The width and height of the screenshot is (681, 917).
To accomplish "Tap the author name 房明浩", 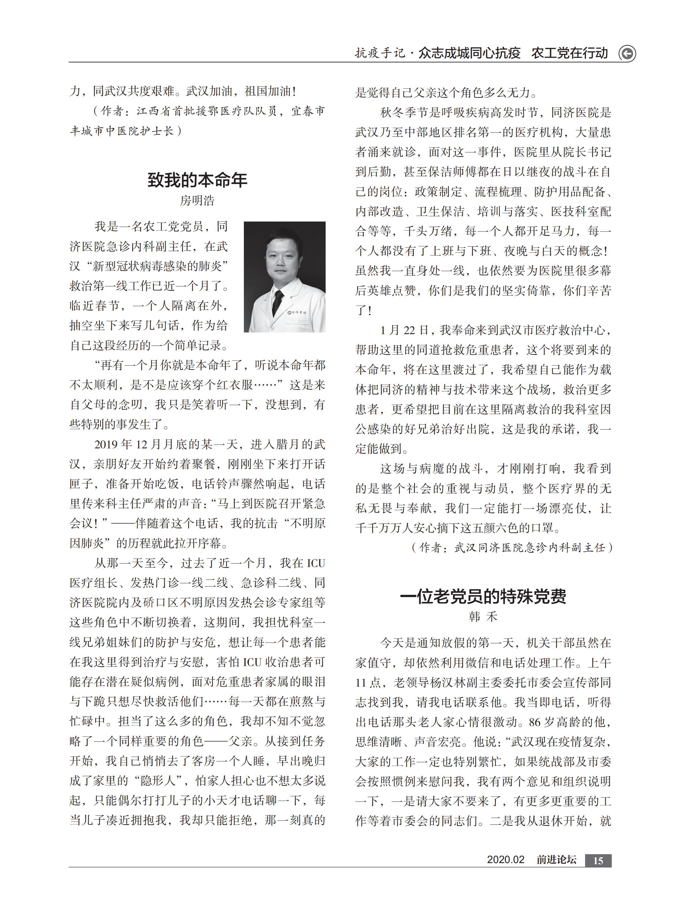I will (197, 201).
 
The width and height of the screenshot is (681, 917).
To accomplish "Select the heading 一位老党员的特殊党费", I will (483, 596).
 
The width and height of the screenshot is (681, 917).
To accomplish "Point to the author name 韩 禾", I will (483, 617).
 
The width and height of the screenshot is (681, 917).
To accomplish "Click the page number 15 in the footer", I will (598, 861).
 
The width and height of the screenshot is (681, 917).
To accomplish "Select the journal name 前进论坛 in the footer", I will (556, 860).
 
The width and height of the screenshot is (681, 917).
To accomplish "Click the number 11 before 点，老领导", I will (361, 683).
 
